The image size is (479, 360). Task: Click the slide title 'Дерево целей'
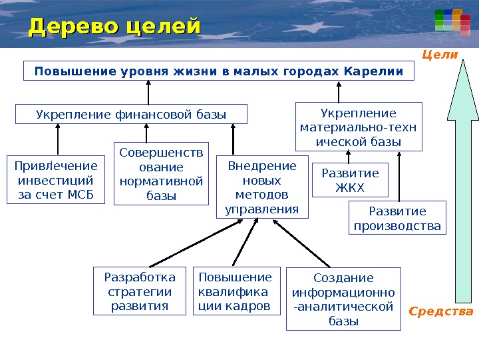pos(114,27)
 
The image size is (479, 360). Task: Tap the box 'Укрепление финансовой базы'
pos(131,114)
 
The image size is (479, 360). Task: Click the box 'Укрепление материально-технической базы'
pos(359,127)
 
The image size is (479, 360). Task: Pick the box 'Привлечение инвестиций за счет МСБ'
pos(55,180)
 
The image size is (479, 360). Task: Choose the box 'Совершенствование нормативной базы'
pos(161,173)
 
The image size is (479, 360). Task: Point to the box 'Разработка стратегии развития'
pos(140,291)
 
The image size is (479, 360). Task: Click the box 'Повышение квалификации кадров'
pos(235,291)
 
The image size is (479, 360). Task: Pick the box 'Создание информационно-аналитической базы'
pos(343,299)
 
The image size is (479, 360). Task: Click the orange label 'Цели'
pos(440,55)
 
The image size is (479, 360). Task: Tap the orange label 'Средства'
pos(440,311)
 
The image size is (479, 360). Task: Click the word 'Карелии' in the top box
pos(374,71)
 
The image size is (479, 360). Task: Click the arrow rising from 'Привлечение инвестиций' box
pos(59,140)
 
